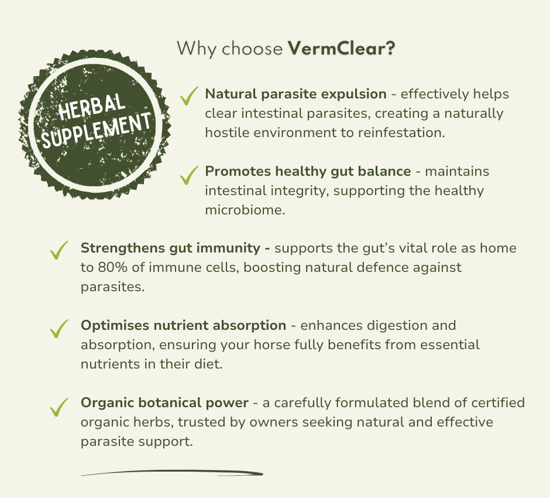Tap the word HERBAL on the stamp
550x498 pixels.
[x=91, y=107]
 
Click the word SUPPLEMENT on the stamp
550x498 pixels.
[x=97, y=130]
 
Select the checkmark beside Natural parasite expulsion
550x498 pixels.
[x=189, y=95]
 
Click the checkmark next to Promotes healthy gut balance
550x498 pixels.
[x=189, y=175]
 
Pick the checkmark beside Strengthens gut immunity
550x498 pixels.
[x=59, y=250]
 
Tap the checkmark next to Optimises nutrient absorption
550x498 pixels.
[x=59, y=328]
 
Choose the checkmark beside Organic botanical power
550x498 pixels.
[x=59, y=407]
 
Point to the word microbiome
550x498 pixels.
[x=245, y=210]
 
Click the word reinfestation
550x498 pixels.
[x=401, y=132]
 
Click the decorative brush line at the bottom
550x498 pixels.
[x=172, y=472]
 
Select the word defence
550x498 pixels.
[x=384, y=267]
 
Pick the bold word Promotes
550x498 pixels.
[x=238, y=171]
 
